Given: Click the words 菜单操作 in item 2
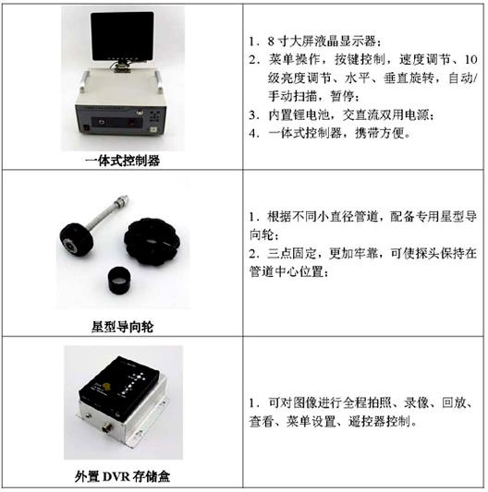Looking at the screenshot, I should click(x=287, y=60).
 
